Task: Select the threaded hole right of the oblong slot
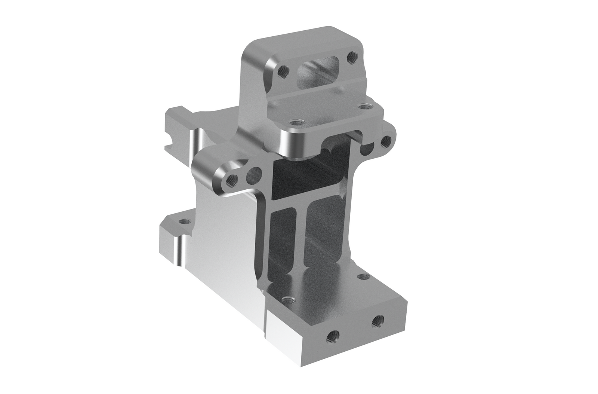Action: pyautogui.click(x=351, y=57)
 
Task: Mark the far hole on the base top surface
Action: pyautogui.click(x=361, y=277)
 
